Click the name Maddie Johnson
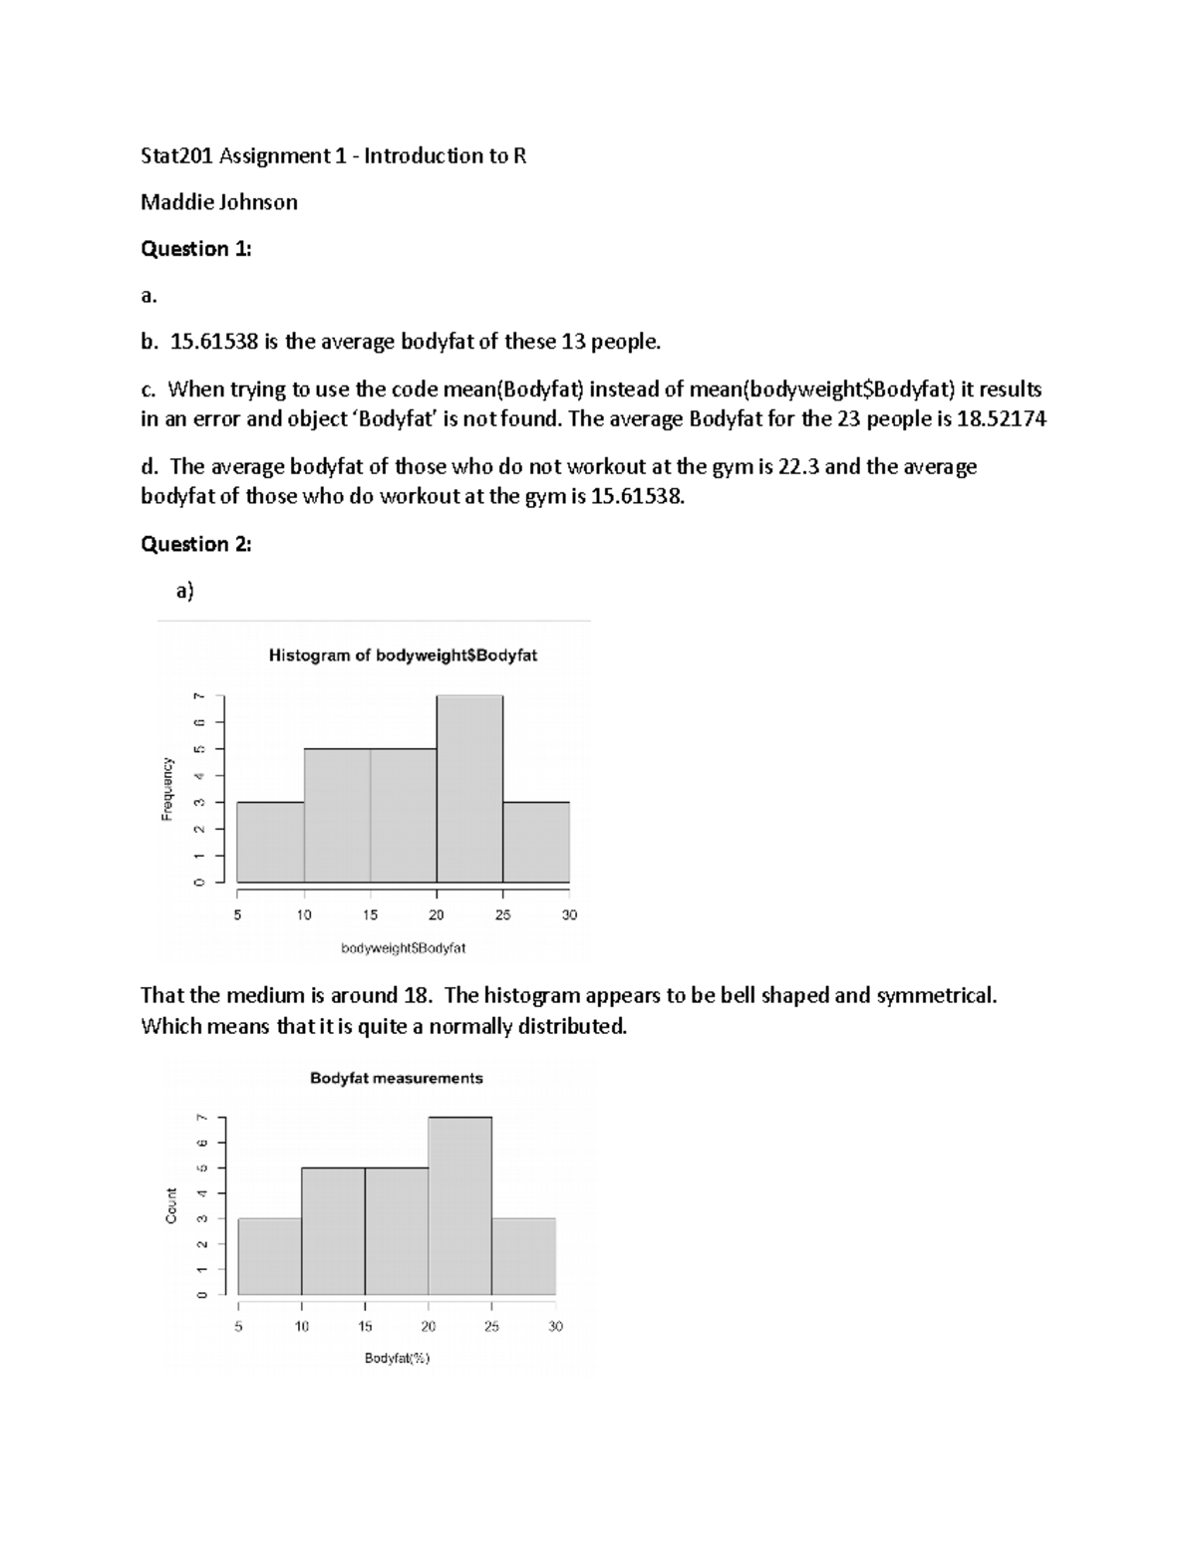[x=219, y=202]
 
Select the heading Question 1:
[x=196, y=249]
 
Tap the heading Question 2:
[x=196, y=544]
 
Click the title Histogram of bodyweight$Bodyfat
[x=403, y=655]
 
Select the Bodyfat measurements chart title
[x=396, y=1078]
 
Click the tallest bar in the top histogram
[x=469, y=789]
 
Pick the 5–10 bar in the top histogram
[x=270, y=842]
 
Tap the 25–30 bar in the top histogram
[x=536, y=842]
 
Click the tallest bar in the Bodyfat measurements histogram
[x=459, y=1206]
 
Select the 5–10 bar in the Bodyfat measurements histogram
[x=269, y=1256]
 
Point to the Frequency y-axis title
[x=167, y=790]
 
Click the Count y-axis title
[x=171, y=1206]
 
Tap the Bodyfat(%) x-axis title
[x=397, y=1358]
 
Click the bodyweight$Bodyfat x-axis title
[x=403, y=948]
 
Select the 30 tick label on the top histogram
[x=569, y=914]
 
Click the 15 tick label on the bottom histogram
[x=365, y=1326]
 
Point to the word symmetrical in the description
[x=935, y=996]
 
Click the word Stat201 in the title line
[x=177, y=156]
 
